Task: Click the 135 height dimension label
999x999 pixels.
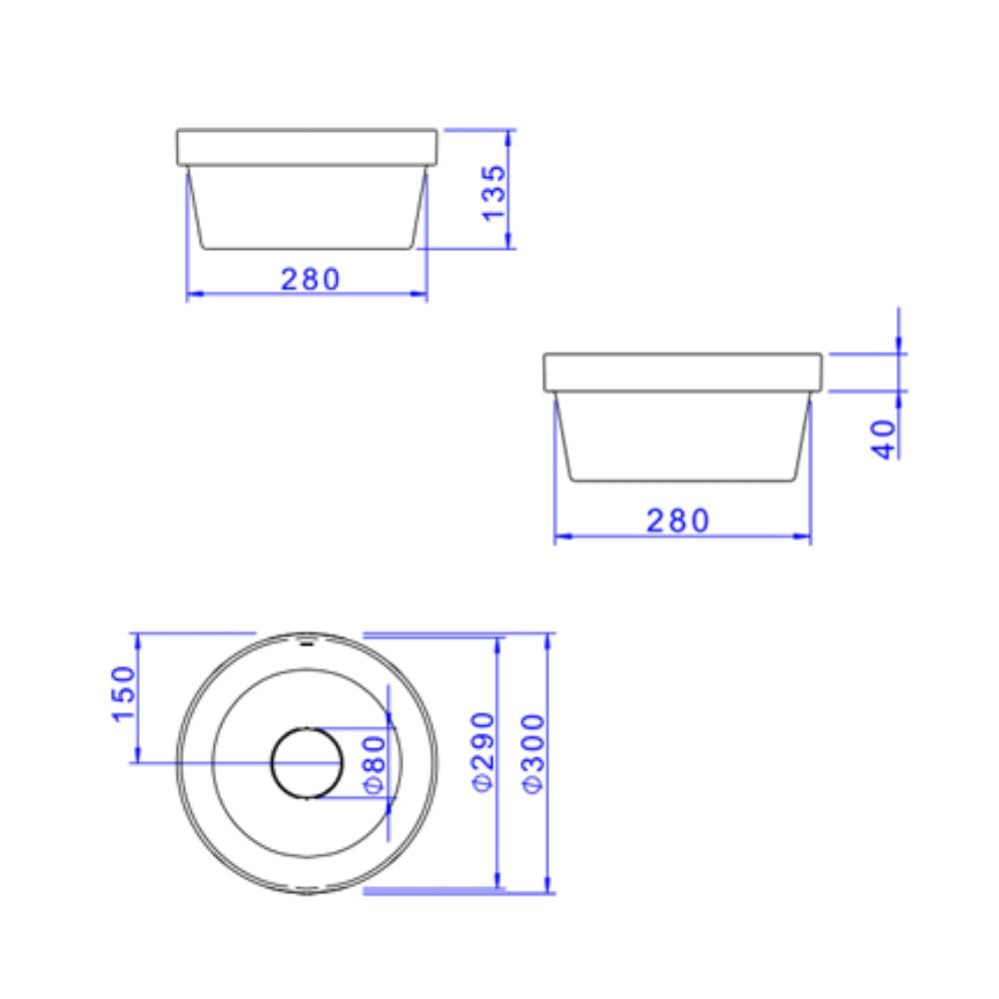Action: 494,193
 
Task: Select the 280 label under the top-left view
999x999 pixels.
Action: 311,279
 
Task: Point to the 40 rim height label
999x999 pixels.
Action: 885,438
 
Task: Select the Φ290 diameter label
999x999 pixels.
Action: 483,751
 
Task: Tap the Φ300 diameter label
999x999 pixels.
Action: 532,751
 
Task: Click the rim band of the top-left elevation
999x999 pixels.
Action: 307,147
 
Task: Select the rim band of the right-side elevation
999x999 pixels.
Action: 682,371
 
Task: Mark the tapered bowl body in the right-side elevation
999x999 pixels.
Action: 682,437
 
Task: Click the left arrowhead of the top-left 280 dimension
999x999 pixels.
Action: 193,294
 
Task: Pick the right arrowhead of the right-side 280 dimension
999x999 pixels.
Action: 804,536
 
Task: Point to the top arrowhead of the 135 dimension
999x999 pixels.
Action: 509,134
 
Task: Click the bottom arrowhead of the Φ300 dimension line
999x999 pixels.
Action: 546,887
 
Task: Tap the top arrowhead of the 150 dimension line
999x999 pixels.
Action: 137,638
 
